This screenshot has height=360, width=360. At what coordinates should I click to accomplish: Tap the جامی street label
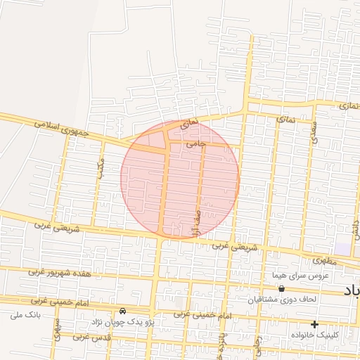coord(196,143)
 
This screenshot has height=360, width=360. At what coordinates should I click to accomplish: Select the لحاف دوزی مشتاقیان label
coord(281,300)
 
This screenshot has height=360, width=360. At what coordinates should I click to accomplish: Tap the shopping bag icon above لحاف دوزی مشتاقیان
coord(282,288)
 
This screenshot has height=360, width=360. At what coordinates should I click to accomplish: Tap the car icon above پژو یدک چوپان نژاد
coord(123,311)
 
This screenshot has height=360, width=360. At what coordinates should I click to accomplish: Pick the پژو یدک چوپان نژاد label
coord(115,321)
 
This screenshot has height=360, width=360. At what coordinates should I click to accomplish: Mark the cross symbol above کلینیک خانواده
coord(314,324)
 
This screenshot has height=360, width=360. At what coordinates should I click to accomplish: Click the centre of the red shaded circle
coord(180,179)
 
